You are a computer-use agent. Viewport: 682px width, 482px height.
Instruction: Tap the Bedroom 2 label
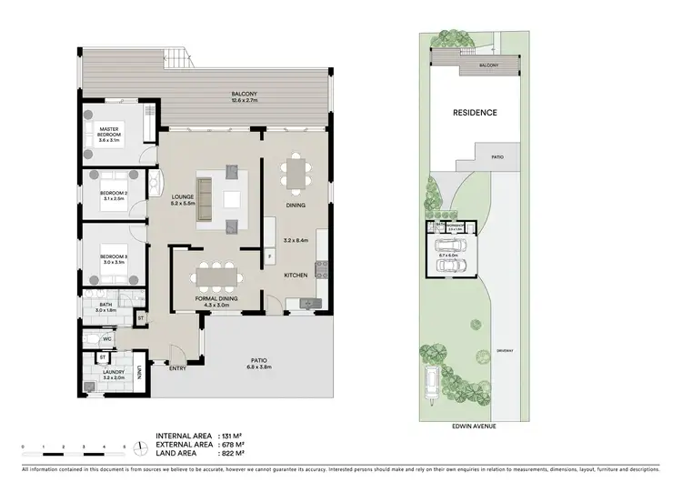click(113, 193)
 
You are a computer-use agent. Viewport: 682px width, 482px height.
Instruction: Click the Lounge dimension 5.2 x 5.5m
click(185, 204)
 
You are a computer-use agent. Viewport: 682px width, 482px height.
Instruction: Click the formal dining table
click(216, 274)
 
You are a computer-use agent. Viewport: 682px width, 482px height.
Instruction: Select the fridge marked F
click(270, 258)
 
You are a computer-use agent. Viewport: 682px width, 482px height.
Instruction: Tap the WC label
click(106, 339)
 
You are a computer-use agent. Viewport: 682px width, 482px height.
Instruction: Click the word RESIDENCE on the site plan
click(475, 113)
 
